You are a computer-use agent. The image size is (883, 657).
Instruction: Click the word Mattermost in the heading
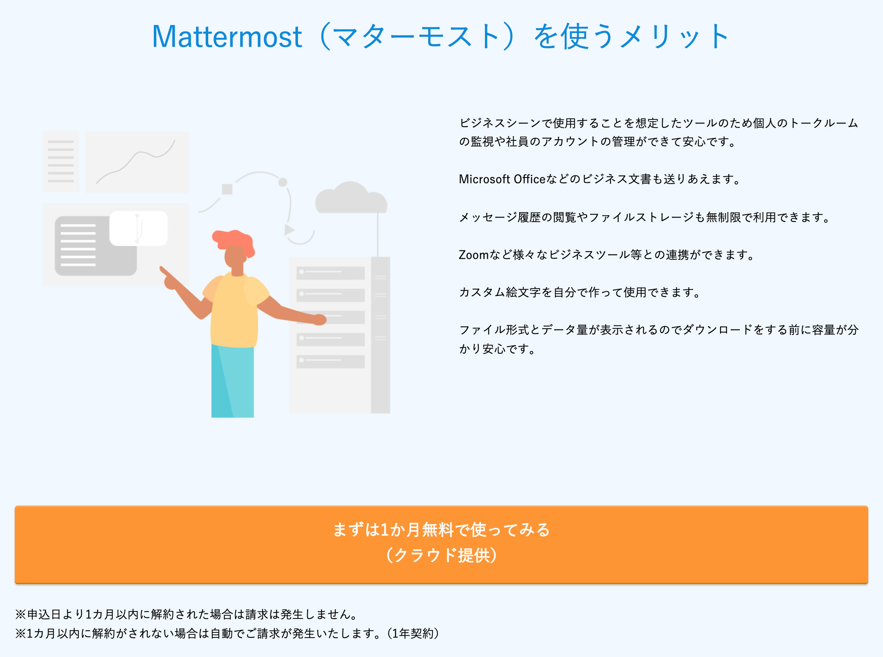227,37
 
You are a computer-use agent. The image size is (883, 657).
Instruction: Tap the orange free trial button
441,544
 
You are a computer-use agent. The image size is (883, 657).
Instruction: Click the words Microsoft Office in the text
502,179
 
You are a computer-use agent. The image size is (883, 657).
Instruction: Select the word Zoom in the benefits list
474,255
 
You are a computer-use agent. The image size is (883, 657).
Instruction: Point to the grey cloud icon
351,198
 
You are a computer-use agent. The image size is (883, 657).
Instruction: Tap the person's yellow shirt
235,310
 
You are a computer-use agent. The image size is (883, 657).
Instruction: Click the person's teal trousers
233,381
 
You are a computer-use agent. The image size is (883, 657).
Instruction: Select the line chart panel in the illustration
136,162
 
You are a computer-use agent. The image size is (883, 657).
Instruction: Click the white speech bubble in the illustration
138,228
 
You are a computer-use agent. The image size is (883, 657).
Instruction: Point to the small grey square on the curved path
227,189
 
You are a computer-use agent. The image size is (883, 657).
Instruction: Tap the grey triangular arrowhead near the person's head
289,229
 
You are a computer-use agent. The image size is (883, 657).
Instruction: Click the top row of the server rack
330,273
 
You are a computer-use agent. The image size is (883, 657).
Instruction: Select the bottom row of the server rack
330,361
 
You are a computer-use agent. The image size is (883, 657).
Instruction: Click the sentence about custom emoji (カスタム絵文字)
580,293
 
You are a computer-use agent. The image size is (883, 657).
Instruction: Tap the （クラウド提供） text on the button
441,555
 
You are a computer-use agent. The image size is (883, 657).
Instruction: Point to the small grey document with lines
61,161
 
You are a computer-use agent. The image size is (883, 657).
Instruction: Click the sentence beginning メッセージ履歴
645,218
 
